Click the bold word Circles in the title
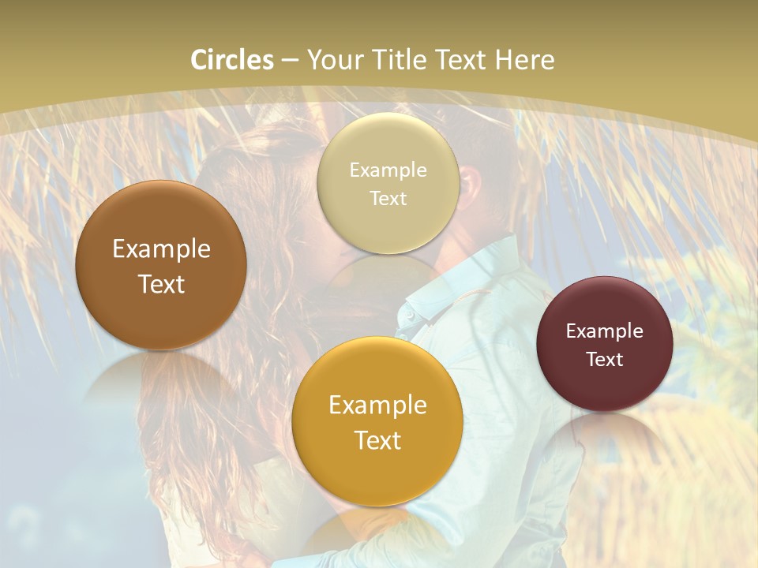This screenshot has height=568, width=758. coord(232,60)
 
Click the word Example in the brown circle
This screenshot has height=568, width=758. coord(161,249)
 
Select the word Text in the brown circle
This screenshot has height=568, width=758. coord(161,284)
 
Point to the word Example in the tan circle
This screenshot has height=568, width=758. coord(388,170)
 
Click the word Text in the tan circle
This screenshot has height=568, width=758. coord(388,199)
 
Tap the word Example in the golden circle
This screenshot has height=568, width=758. coord(377,405)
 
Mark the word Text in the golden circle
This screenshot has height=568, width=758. coord(377,440)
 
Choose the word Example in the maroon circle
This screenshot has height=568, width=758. coord(605,331)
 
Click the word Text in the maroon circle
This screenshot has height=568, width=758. coord(605,360)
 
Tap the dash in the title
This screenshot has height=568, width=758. coord(290,60)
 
